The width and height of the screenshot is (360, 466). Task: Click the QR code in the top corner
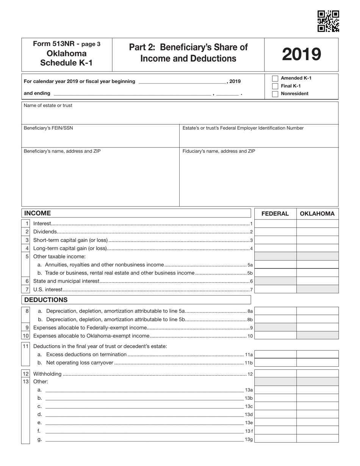click(x=328, y=21)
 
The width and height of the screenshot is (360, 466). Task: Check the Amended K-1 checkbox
click(x=275, y=78)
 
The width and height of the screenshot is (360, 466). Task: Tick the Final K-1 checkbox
click(x=275, y=86)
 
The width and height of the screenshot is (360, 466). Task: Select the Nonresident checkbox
click(x=275, y=94)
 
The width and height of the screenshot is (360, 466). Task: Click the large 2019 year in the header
click(x=301, y=55)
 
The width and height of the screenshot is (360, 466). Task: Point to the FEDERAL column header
click(x=275, y=214)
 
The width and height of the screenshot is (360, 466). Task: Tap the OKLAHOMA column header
click(x=317, y=214)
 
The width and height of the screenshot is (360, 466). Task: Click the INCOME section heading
click(x=38, y=213)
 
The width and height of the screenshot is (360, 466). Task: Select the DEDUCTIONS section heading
click(x=46, y=300)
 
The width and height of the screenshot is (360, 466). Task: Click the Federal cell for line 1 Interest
click(x=275, y=224)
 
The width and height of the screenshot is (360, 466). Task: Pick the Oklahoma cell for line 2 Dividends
click(x=317, y=231)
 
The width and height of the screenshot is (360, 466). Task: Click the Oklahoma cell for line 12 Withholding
click(x=317, y=374)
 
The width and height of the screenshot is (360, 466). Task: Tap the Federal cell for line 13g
click(x=275, y=439)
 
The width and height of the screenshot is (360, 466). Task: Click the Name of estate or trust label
click(x=48, y=106)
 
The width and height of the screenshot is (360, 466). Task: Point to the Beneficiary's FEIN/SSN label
click(x=48, y=128)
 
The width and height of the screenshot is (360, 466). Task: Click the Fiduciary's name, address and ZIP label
click(x=219, y=151)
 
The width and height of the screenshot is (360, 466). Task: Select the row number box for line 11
click(x=25, y=346)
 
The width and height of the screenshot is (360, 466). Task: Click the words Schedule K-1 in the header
click(x=66, y=63)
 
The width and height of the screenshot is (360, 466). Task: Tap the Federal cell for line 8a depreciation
click(x=275, y=311)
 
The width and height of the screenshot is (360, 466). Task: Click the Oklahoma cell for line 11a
click(x=317, y=355)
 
